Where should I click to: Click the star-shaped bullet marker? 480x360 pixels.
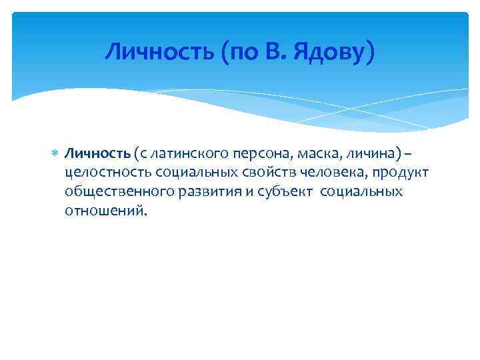[x=55, y=155]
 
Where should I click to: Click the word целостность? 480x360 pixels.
[x=108, y=173]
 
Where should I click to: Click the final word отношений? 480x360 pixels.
[x=104, y=211]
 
